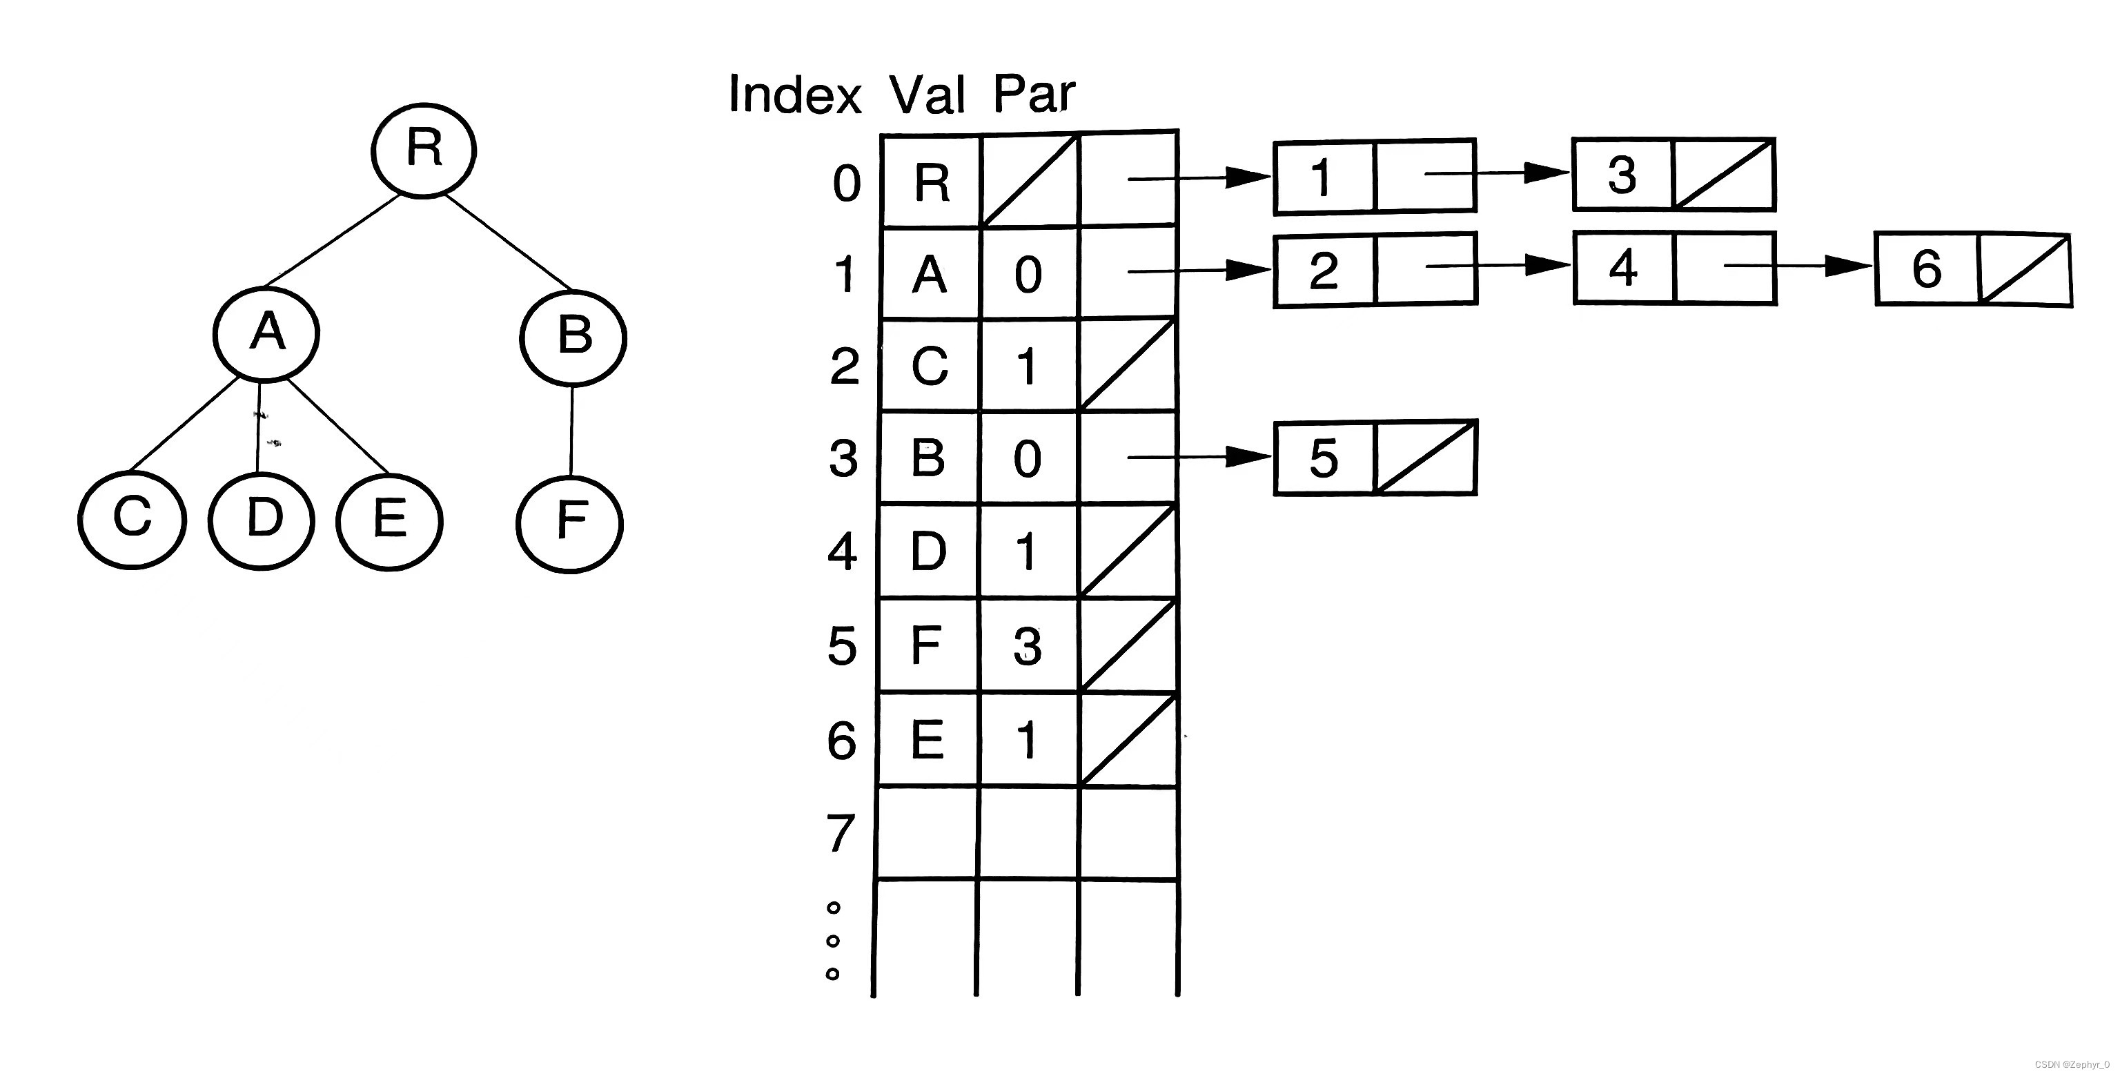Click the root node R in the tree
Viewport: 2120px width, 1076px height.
424,150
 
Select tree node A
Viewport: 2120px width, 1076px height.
266,333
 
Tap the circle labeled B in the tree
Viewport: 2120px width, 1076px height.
573,337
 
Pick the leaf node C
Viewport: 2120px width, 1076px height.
132,520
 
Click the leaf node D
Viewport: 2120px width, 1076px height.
262,520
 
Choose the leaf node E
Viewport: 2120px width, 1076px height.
389,521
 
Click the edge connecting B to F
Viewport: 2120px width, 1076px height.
571,431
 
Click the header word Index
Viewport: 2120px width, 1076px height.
794,95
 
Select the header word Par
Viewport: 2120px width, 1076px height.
1034,94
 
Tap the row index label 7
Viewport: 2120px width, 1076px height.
841,834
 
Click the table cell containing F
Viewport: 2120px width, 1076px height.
928,645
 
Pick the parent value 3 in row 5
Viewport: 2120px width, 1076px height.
1027,646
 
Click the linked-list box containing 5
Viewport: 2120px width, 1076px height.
1324,458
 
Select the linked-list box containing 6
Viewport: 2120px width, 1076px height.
1927,269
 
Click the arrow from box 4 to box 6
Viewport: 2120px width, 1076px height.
1798,266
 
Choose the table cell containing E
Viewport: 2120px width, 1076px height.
928,740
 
